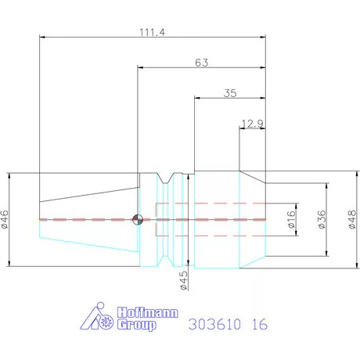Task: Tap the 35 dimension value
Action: tap(229, 92)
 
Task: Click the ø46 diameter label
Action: tap(5, 218)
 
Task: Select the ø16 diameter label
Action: tap(292, 220)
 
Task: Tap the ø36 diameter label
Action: tap(322, 220)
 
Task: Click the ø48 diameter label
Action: tap(350, 220)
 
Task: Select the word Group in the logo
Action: tap(135, 325)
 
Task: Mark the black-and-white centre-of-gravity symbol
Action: tap(138, 219)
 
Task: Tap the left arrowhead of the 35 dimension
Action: tap(196, 99)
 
